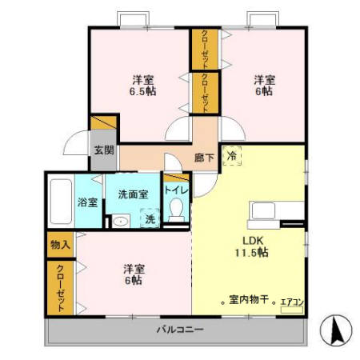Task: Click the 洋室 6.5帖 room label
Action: (x=142, y=85)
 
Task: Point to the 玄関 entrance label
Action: (x=102, y=150)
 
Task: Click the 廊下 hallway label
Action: (x=204, y=158)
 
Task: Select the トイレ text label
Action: (x=176, y=190)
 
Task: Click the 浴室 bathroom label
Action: (x=87, y=202)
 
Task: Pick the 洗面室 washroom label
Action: (x=132, y=194)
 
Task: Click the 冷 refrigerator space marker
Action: (x=231, y=157)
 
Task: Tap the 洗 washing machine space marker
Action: (x=149, y=217)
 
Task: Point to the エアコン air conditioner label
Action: (x=291, y=302)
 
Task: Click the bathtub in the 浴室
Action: (x=60, y=202)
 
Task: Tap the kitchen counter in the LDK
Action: (x=276, y=213)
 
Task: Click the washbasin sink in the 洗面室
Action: (x=119, y=222)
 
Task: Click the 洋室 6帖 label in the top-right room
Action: (x=266, y=85)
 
